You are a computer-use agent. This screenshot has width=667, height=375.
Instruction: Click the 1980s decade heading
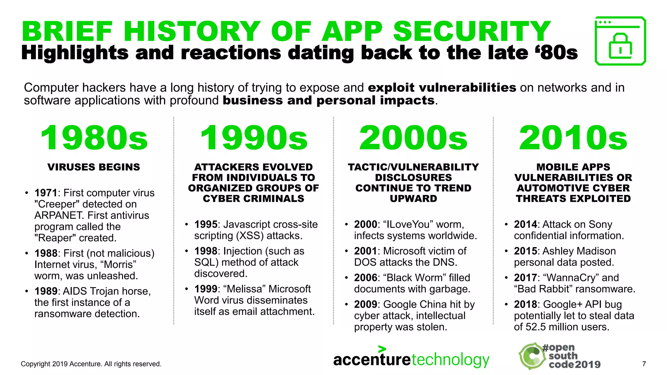pyautogui.click(x=94, y=138)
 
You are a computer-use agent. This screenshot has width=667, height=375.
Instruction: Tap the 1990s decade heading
pyautogui.click(x=254, y=138)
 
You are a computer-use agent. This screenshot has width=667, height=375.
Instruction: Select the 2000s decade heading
pyautogui.click(x=413, y=138)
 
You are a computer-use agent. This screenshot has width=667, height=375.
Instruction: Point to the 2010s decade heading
pyautogui.click(x=573, y=138)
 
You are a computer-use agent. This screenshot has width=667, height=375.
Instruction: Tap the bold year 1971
pyautogui.click(x=46, y=193)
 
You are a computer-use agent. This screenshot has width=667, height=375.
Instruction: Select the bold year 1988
pyautogui.click(x=46, y=253)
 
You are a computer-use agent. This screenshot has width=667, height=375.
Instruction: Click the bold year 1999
pyautogui.click(x=206, y=289)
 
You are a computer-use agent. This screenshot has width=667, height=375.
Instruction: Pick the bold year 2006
pyautogui.click(x=365, y=278)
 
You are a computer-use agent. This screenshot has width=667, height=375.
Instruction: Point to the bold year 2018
pyautogui.click(x=525, y=304)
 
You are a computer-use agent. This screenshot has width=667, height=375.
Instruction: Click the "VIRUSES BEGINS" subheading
pyautogui.click(x=94, y=167)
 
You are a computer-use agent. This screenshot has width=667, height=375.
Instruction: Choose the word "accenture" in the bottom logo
pyautogui.click(x=372, y=360)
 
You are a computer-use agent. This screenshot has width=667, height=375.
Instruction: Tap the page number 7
pyautogui.click(x=644, y=364)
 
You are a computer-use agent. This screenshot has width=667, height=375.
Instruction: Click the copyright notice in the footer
pyautogui.click(x=91, y=364)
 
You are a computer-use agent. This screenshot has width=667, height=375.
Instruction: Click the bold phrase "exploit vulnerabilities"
pyautogui.click(x=442, y=88)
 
